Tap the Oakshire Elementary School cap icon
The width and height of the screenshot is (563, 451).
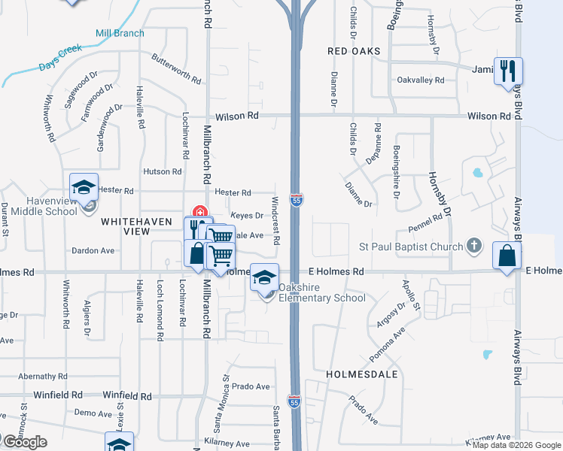[x=264, y=278]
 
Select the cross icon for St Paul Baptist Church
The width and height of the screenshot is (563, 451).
[x=473, y=245]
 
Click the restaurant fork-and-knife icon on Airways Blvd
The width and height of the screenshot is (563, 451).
[x=508, y=71]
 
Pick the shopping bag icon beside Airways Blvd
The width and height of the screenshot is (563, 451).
[x=507, y=256]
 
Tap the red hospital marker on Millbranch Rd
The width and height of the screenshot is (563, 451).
[x=200, y=211]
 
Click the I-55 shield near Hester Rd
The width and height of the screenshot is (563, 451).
[x=297, y=200]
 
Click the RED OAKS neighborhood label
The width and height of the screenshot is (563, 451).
[x=354, y=51]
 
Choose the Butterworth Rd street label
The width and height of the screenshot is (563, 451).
[x=176, y=68]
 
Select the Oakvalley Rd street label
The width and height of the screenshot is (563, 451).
[x=420, y=80]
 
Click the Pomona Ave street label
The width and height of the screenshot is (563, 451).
[x=388, y=344]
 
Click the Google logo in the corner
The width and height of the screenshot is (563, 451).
[x=24, y=442]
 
